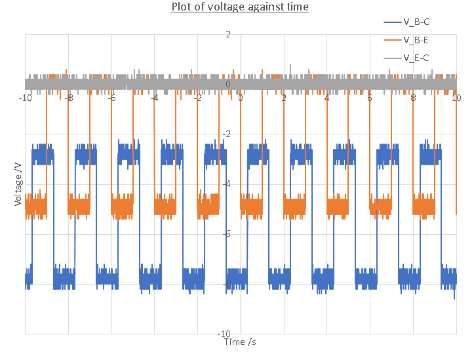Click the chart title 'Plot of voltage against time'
(x=240, y=7)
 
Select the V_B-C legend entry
(x=416, y=22)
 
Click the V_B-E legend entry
(x=416, y=41)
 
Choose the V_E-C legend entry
(x=416, y=58)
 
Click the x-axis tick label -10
(x=26, y=98)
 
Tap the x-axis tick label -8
(x=69, y=98)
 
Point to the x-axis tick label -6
(x=112, y=98)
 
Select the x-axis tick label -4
(x=155, y=98)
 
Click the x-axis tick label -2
(x=198, y=98)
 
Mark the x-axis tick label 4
(x=327, y=98)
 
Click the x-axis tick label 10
(x=456, y=98)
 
